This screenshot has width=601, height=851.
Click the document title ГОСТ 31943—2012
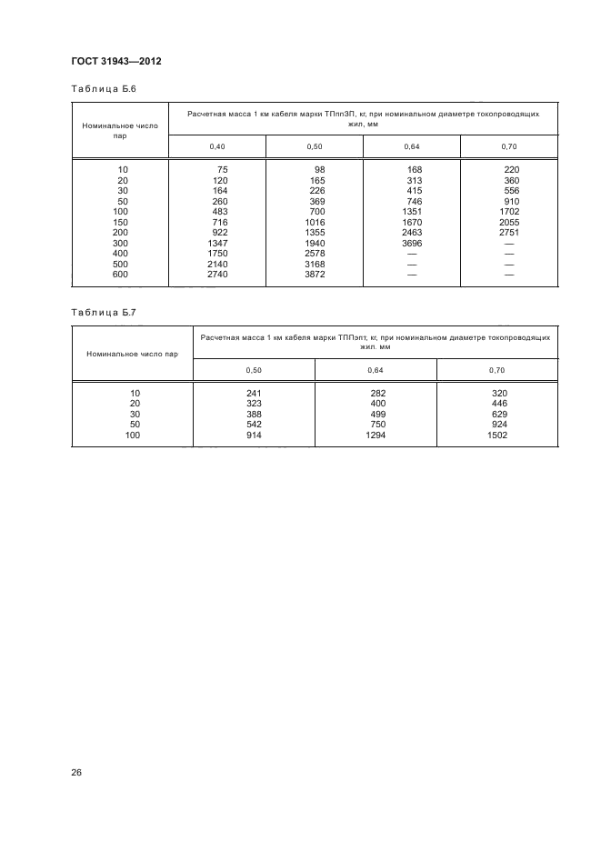pyautogui.click(x=115, y=62)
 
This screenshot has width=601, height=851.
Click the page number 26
pyautogui.click(x=76, y=773)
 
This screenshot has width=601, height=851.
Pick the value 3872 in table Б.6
pyautogui.click(x=314, y=274)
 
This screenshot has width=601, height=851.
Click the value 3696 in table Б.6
pyautogui.click(x=411, y=243)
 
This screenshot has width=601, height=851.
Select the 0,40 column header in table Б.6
pyautogui.click(x=216, y=145)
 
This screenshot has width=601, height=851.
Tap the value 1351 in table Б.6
pyautogui.click(x=411, y=211)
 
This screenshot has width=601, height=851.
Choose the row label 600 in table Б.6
pyautogui.click(x=120, y=274)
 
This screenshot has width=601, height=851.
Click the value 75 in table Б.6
pyautogui.click(x=221, y=170)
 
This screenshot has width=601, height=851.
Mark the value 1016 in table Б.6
pyautogui.click(x=314, y=222)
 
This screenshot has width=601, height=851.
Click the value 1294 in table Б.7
pyautogui.click(x=375, y=436)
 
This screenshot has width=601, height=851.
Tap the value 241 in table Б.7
pyautogui.click(x=254, y=393)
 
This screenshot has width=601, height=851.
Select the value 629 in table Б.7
pyautogui.click(x=498, y=415)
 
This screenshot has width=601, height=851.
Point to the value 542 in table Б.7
pyautogui.click(x=254, y=425)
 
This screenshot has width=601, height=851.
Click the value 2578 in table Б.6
pyautogui.click(x=314, y=253)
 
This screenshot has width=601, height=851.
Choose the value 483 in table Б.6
pyautogui.click(x=219, y=212)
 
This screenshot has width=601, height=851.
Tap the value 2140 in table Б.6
pyautogui.click(x=216, y=264)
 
